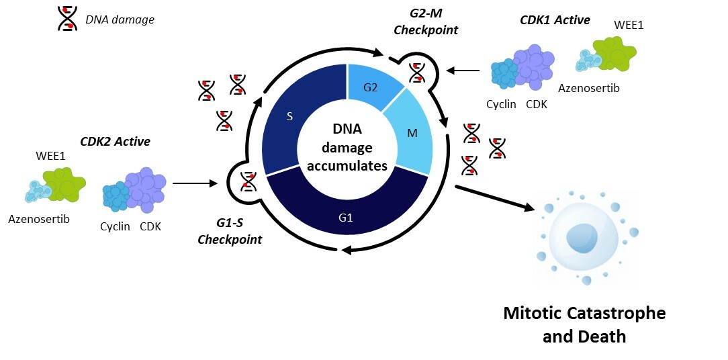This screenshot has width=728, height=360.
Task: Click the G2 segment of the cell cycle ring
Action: click(372, 88)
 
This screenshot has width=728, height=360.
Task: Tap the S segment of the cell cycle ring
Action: click(289, 117)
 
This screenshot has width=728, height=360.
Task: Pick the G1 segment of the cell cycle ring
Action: click(345, 217)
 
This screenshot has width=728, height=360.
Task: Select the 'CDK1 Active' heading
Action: click(555, 20)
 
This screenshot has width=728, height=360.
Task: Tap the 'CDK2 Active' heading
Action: click(115, 141)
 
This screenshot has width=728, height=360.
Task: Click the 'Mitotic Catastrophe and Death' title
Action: click(584, 324)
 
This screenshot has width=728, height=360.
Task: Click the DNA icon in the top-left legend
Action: click(67, 19)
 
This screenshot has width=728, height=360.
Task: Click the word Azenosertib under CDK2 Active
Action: click(39, 220)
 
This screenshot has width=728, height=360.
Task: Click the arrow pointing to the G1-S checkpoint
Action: click(195, 183)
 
